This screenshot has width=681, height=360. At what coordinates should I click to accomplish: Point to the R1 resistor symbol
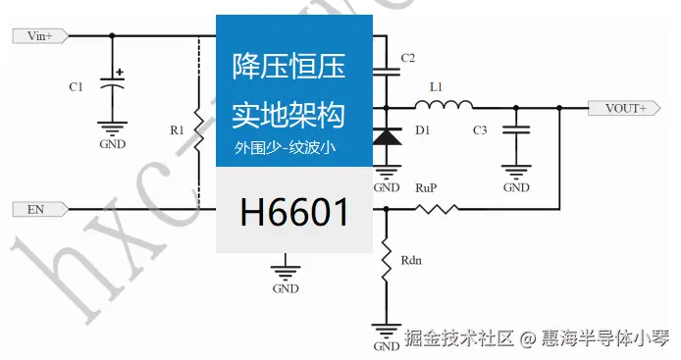(199, 130)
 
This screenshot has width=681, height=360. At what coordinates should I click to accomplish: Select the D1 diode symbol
(389, 138)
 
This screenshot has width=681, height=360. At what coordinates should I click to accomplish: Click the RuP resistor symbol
(436, 209)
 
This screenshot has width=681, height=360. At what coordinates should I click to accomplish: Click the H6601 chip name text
(294, 210)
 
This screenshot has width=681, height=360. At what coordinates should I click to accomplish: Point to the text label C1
(76, 86)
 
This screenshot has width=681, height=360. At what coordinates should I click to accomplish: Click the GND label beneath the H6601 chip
(286, 289)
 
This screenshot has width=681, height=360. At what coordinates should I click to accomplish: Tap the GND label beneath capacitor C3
(517, 187)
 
